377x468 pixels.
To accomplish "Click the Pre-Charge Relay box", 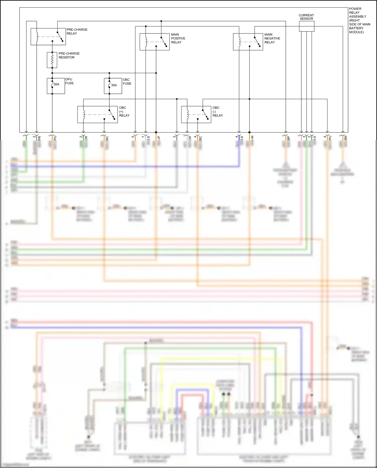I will tap(48, 37).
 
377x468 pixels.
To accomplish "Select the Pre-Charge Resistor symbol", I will tap(52, 60).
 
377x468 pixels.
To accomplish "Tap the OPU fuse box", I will tap(56, 86).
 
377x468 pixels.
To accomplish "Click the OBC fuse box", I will tap(113, 86).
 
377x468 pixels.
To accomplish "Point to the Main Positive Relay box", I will tap(154, 42).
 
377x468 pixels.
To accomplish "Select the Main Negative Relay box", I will tap(248, 42).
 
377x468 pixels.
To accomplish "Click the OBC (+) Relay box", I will tap(97, 114).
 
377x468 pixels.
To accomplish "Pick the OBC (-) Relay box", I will tap(196, 114).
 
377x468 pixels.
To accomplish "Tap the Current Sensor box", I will tap(307, 26).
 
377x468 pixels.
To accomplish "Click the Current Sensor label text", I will tap(306, 17).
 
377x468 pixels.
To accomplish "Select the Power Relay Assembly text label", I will tap(359, 20).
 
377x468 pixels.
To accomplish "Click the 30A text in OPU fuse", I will tap(57, 84).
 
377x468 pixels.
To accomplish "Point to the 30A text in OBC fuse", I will tap(114, 85).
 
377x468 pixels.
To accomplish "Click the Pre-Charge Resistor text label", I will tap(69, 55).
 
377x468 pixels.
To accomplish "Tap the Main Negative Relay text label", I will tap(272, 38).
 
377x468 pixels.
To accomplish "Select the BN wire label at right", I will tap(346, 138).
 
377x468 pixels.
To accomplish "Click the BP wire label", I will tap(289, 138).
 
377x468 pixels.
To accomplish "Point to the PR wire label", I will tap(39, 138).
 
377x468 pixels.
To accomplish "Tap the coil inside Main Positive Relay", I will tap(146, 42).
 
